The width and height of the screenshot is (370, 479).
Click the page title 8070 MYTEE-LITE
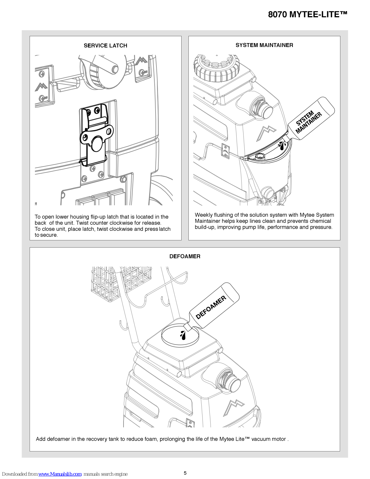[x=307, y=14]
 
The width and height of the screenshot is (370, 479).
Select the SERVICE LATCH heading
[x=105, y=46]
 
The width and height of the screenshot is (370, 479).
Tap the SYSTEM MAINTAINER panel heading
[x=264, y=45]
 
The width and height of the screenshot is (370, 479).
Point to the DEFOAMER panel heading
[x=185, y=256]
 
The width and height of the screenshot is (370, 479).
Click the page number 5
[x=185, y=473]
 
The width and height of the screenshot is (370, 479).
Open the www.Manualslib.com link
[x=60, y=474]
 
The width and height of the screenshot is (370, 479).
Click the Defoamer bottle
[x=214, y=306]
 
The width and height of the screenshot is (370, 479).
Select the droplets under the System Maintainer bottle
[x=282, y=145]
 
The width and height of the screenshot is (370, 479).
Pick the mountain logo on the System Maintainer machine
[x=266, y=133]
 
